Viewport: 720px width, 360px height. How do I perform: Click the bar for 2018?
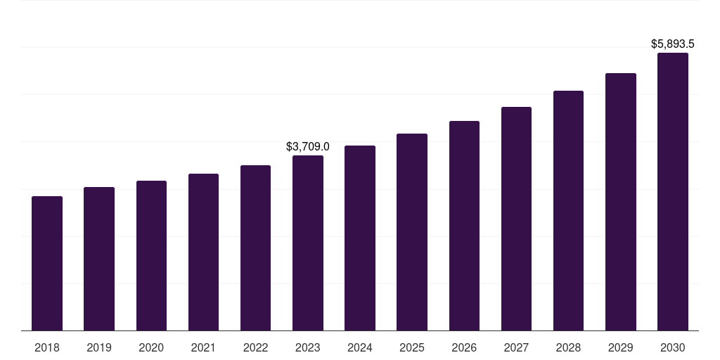(47, 264)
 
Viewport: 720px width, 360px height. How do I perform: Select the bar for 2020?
(151, 256)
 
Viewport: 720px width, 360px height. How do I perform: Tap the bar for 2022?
(255, 248)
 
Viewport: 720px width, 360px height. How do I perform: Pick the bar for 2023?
(308, 243)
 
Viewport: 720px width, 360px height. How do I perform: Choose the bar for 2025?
(412, 232)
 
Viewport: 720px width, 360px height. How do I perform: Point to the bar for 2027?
(516, 219)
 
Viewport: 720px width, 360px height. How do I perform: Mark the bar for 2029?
(621, 202)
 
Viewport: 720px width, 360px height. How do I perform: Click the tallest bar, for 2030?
(673, 192)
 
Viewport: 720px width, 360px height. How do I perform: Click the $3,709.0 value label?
(308, 147)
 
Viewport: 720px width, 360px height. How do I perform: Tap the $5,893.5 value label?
(673, 44)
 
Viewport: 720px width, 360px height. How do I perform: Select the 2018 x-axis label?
(47, 347)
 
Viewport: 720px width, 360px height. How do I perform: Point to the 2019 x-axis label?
(99, 347)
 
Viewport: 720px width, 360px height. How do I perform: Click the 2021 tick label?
(203, 347)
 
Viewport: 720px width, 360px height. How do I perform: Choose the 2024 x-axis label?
(360, 347)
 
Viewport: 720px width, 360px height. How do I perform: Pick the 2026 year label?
(464, 347)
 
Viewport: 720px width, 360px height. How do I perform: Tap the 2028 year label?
(568, 347)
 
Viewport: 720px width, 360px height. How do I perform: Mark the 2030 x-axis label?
(673, 347)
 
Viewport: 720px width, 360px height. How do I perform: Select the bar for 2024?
(360, 238)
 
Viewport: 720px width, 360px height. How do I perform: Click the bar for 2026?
(464, 226)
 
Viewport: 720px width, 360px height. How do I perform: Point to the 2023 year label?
(308, 347)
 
